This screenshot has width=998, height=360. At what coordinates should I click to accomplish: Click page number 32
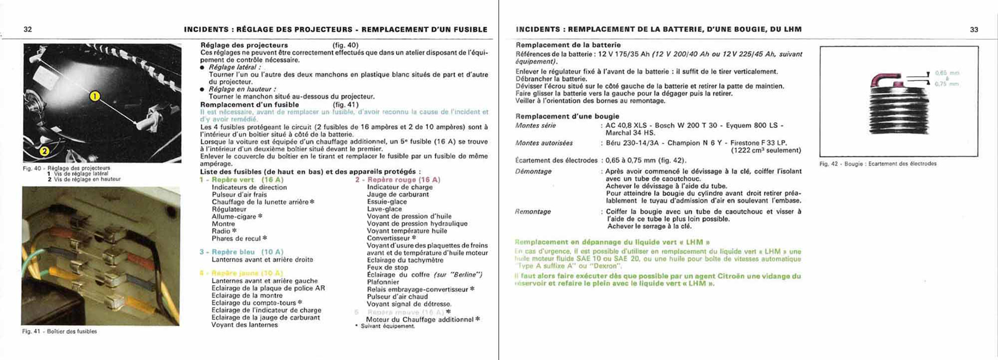(x=27, y=29)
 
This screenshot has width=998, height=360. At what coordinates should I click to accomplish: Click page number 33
(x=974, y=29)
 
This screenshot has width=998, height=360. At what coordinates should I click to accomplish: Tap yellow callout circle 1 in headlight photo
(x=95, y=96)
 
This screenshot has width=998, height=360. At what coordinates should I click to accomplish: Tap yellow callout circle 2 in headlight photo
(x=44, y=150)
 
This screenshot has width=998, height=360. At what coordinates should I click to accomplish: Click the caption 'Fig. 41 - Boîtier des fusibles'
(x=60, y=331)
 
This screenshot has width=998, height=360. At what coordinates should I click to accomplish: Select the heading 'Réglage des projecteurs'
(x=244, y=45)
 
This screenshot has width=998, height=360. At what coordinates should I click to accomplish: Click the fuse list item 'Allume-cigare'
(x=234, y=216)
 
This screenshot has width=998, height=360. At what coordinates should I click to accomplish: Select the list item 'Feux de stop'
(x=387, y=268)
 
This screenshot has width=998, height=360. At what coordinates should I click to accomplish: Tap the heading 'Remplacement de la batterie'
(x=568, y=45)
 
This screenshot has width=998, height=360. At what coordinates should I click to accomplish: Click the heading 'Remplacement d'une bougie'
(x=567, y=116)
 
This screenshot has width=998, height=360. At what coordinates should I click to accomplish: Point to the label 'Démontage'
(x=533, y=171)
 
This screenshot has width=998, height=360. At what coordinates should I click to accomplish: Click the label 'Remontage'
(x=533, y=212)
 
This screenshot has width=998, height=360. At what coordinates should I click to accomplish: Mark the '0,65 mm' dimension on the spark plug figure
(x=947, y=73)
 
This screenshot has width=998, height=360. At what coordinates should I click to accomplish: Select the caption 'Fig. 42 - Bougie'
(x=878, y=164)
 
